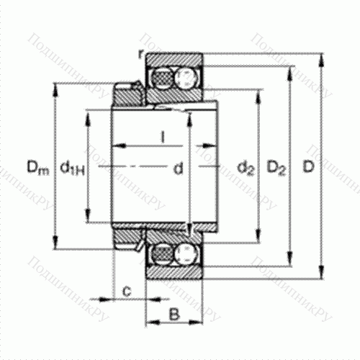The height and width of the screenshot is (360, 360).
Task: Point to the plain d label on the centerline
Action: pyautogui.click(x=176, y=169)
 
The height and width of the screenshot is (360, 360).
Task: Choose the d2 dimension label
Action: pyautogui.click(x=246, y=169)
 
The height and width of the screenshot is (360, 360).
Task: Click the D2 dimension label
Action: pyautogui.click(x=277, y=169)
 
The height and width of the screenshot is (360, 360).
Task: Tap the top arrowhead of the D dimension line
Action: pyautogui.click(x=320, y=55)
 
